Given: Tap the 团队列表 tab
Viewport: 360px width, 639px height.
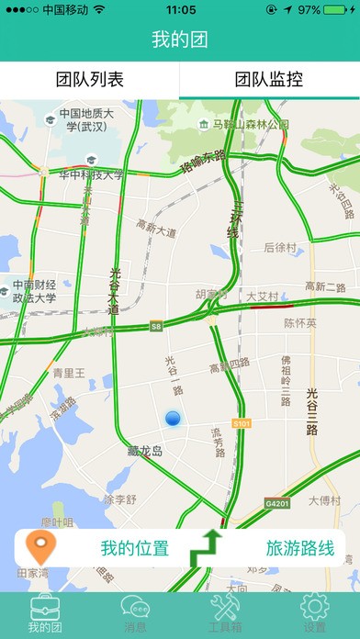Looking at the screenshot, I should (x=90, y=80).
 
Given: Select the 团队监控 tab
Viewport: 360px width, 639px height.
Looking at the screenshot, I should (x=269, y=80).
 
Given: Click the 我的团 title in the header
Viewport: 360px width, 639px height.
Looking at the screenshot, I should (x=180, y=40).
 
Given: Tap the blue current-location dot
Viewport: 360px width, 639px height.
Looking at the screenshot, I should (x=174, y=420).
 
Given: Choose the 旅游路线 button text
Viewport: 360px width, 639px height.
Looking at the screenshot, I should (x=299, y=549).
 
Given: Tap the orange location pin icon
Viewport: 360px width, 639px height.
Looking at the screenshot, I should (x=38, y=548).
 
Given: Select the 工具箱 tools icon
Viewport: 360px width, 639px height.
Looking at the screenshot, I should (x=225, y=607).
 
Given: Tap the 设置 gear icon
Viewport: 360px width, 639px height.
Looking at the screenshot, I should (x=314, y=607).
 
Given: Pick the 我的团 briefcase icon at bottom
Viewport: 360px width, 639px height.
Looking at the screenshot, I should (x=45, y=607).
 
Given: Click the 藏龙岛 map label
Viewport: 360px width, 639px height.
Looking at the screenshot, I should (x=145, y=451).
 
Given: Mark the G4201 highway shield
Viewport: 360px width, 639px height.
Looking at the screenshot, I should (x=277, y=504).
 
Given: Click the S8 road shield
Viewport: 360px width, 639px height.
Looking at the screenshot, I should (x=156, y=325).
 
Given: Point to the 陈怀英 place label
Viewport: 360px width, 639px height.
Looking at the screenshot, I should (x=299, y=322).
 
